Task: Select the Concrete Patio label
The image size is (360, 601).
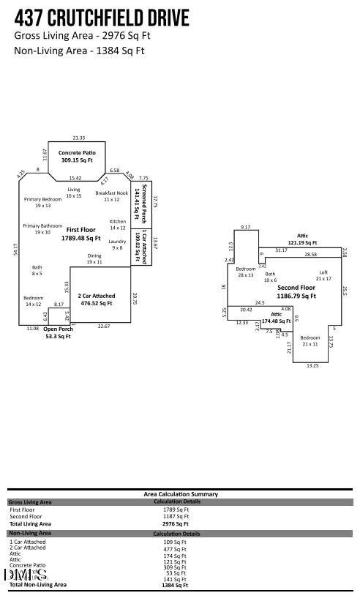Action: point(77,156)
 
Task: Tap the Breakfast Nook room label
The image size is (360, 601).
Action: point(111,195)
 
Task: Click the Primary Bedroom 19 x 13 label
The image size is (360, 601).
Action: point(42,202)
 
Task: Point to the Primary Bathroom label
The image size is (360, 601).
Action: point(42,229)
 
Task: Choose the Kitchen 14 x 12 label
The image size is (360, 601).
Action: point(118,224)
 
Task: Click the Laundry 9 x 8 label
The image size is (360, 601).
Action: point(117,244)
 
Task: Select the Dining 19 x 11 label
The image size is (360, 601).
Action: point(94,258)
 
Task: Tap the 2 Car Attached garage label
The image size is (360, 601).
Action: point(95,299)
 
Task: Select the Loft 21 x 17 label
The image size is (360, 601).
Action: point(323,275)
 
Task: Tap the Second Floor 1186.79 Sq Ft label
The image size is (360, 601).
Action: point(296,292)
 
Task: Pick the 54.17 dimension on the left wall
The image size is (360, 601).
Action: point(15,249)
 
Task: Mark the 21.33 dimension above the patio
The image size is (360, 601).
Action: point(78,138)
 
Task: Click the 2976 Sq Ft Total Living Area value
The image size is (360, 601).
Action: point(176,524)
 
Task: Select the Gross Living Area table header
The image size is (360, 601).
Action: point(30,502)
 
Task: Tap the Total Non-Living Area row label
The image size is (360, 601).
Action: point(37,584)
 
